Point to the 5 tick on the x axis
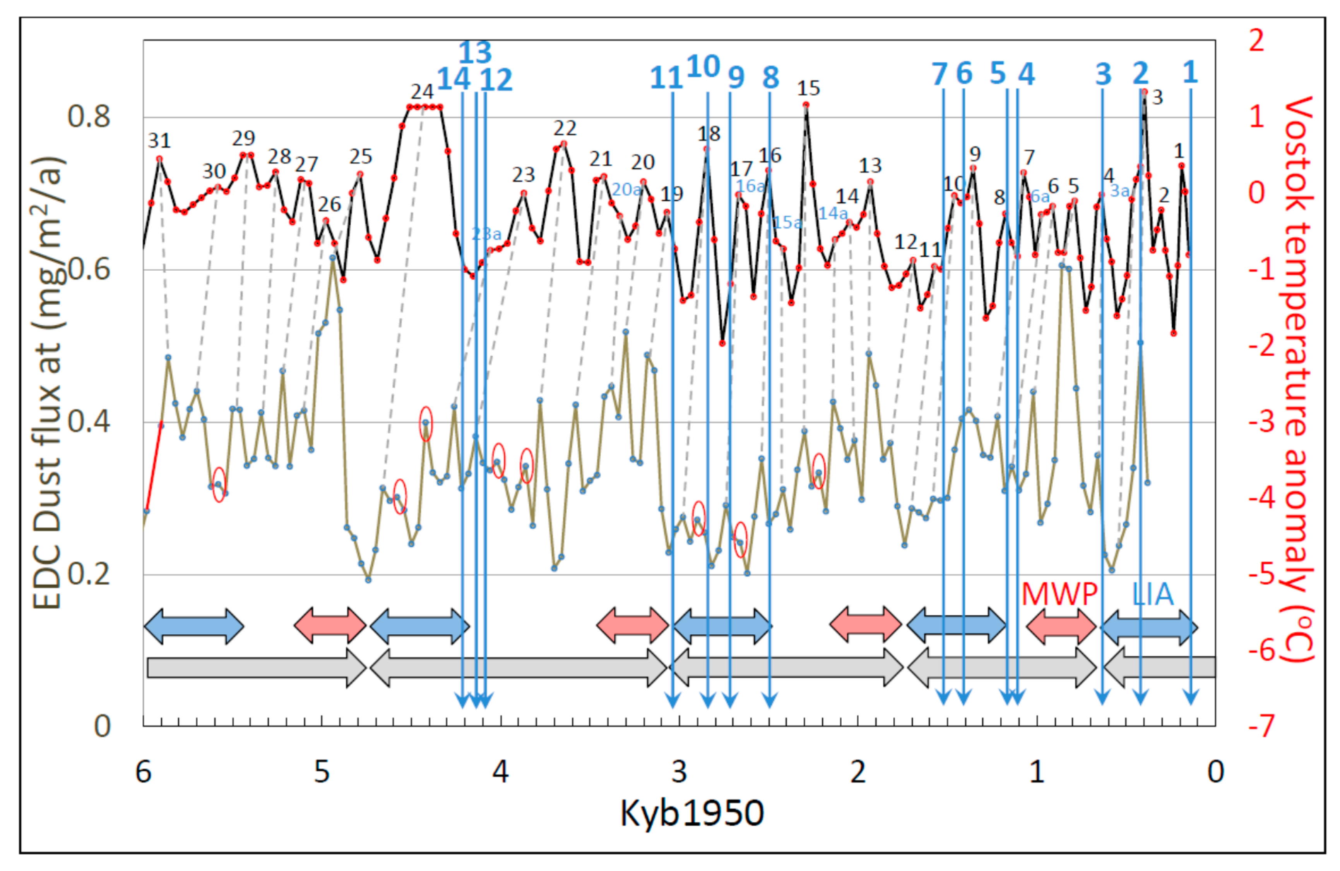click(x=322, y=772)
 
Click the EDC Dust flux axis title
click(x=48, y=383)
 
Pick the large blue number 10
click(x=703, y=67)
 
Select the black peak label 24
click(x=422, y=91)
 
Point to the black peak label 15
click(x=808, y=88)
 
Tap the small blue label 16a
click(x=750, y=186)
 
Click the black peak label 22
click(x=564, y=129)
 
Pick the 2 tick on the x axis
click(x=857, y=772)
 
